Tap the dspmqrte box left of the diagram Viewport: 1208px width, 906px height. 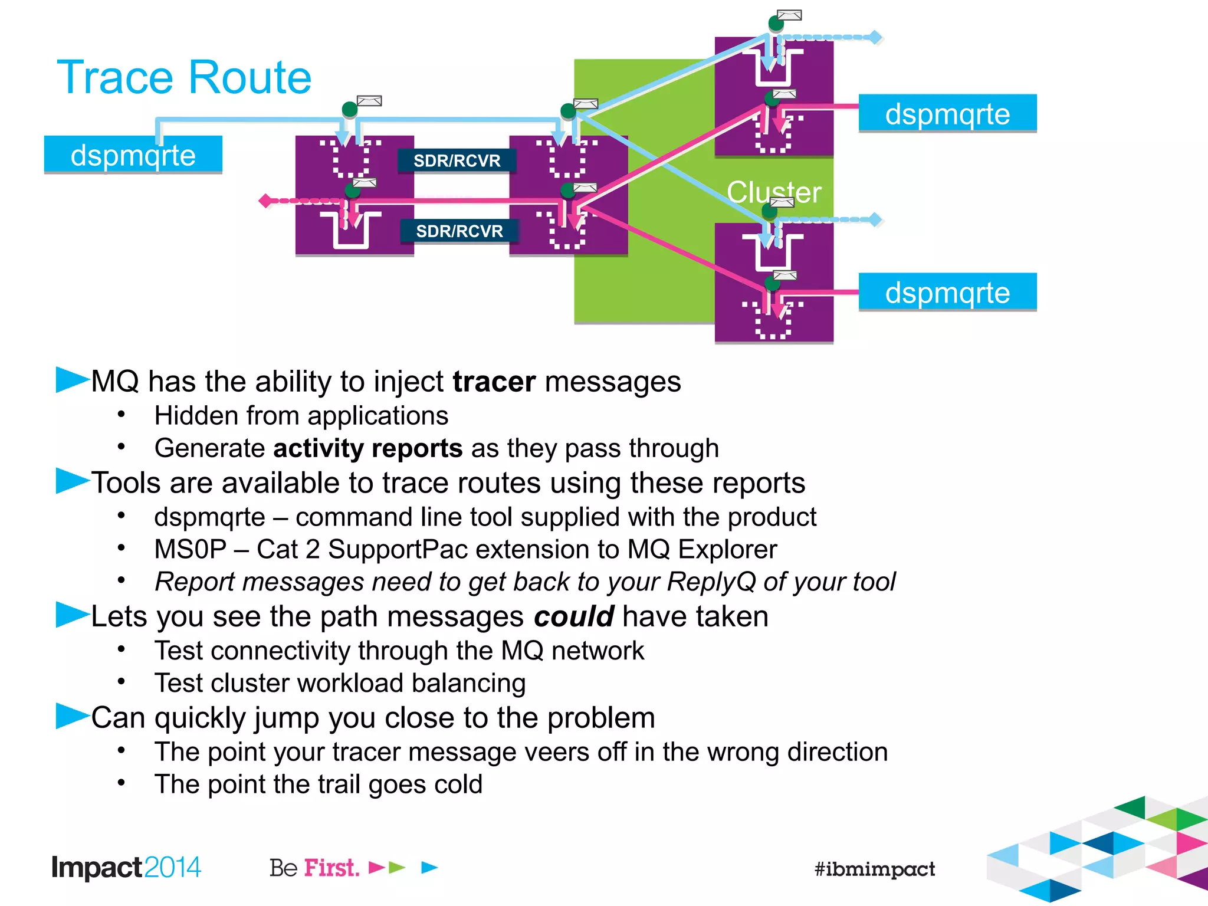[x=133, y=155]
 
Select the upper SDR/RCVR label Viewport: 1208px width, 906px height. [x=457, y=160]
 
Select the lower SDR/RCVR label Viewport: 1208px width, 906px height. [x=459, y=231]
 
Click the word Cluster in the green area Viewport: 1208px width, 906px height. [x=773, y=192]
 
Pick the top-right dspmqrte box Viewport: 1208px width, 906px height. [x=947, y=113]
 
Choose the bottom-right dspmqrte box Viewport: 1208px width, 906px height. [x=947, y=292]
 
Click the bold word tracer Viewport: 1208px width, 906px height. [x=494, y=382]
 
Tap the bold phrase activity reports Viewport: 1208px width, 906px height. [x=367, y=448]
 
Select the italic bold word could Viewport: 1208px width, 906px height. [x=573, y=616]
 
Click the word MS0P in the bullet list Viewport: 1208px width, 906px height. [x=190, y=549]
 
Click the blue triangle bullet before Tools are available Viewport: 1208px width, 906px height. [x=71, y=481]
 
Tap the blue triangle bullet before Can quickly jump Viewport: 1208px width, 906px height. [x=71, y=715]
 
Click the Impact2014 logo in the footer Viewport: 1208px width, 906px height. [x=126, y=867]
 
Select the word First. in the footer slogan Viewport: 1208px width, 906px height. [x=331, y=868]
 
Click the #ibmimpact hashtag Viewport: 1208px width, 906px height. [x=874, y=869]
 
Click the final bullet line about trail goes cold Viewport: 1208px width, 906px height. [x=318, y=784]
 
